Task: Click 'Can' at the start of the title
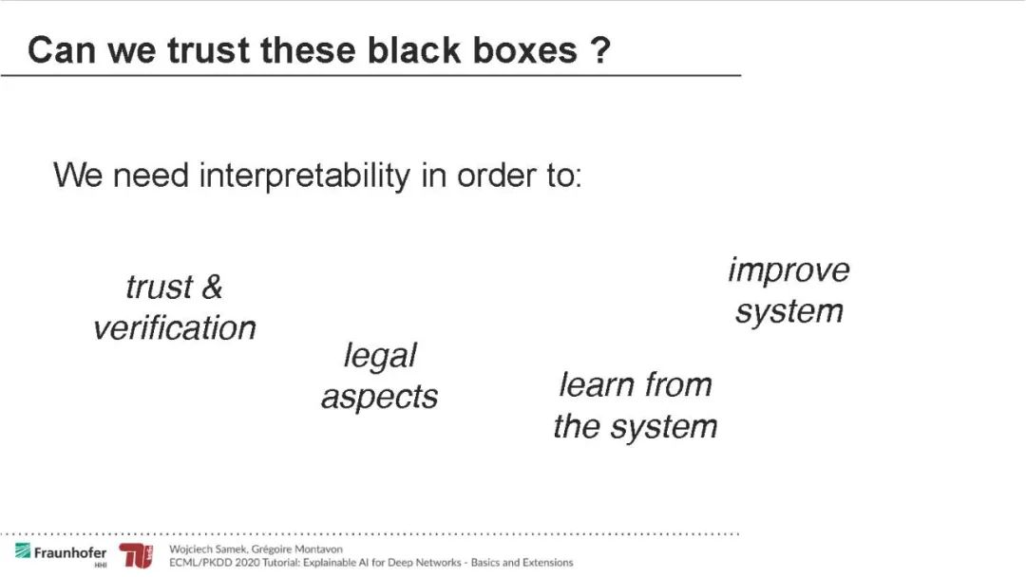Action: pyautogui.click(x=61, y=49)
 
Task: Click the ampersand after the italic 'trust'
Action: pyautogui.click(x=212, y=287)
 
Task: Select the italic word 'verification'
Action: pyautogui.click(x=175, y=328)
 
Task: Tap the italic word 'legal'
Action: pyautogui.click(x=380, y=356)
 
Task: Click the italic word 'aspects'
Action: pyautogui.click(x=379, y=398)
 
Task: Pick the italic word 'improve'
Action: pyautogui.click(x=788, y=270)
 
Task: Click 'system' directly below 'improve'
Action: pyautogui.click(x=788, y=311)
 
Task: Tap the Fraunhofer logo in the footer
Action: pyautogui.click(x=61, y=553)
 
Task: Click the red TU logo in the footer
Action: pyautogui.click(x=136, y=556)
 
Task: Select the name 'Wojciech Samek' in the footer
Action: pyautogui.click(x=203, y=549)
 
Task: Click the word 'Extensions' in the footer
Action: pyautogui.click(x=546, y=563)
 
